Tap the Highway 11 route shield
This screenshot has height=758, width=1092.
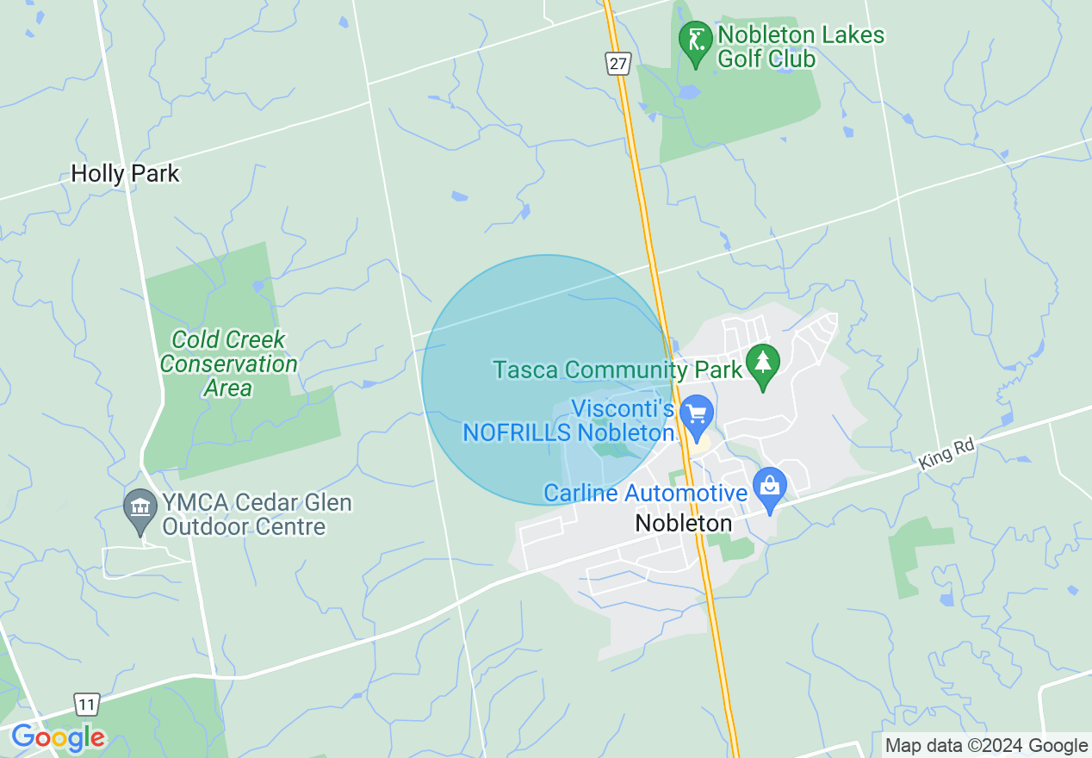click(85, 703)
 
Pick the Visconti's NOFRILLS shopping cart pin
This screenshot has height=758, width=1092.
click(696, 416)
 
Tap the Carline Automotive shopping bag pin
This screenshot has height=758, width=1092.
click(770, 488)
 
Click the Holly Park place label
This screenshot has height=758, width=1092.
click(125, 174)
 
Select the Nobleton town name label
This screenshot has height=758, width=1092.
click(684, 523)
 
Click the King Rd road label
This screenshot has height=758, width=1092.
click(946, 454)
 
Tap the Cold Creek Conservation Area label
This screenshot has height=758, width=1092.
click(228, 363)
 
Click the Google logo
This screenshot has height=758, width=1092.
click(58, 737)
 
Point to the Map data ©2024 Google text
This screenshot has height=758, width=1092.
click(987, 746)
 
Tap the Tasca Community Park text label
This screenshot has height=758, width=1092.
click(617, 370)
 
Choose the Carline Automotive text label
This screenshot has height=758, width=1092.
click(645, 494)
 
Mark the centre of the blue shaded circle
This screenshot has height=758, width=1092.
click(547, 380)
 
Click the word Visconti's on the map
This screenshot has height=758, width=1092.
click(624, 409)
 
